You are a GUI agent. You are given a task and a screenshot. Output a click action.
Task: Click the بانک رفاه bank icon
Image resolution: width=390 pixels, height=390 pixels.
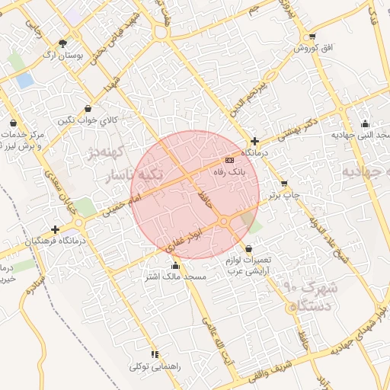tap(229, 160)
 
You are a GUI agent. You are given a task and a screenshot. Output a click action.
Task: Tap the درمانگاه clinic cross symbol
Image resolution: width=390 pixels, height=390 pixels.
tap(254, 141)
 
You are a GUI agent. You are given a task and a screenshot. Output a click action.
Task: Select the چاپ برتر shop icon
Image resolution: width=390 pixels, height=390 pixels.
tap(284, 184)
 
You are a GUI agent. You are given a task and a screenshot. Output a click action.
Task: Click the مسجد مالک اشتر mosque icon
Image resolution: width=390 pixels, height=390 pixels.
tap(176, 266)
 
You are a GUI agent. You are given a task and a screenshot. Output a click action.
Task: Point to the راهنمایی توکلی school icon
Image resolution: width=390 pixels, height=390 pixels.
tap(155, 354)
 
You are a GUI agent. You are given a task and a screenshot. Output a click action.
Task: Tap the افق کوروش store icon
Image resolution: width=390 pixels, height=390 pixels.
tap(312, 37)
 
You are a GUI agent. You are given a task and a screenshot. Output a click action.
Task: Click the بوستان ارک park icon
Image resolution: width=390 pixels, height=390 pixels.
tap(62, 43)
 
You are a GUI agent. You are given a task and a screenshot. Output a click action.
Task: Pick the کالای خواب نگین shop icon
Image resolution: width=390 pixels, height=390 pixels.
tap(89, 108)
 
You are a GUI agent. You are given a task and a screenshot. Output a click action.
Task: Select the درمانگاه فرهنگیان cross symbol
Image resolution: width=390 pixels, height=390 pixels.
tap(55, 229)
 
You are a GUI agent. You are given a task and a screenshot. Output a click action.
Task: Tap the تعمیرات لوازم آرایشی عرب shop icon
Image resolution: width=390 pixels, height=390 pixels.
tap(248, 248)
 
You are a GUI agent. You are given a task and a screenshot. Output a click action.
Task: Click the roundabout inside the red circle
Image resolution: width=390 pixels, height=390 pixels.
tap(224, 221)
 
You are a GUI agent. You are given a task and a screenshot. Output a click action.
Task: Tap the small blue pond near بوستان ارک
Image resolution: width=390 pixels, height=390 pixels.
tap(25, 79)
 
